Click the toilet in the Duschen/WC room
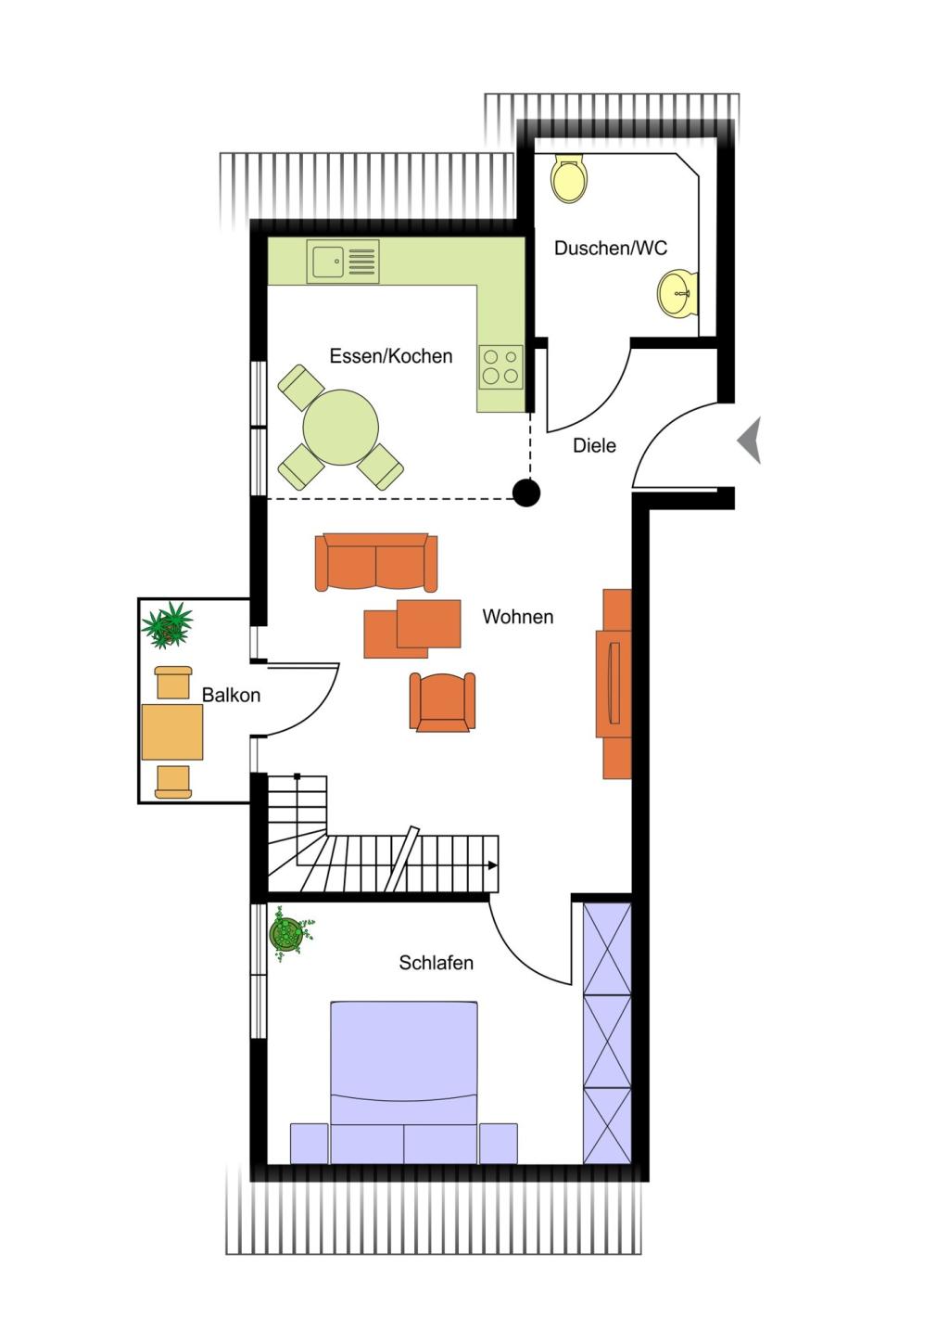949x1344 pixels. (x=569, y=178)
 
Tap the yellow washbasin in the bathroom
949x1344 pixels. (x=678, y=293)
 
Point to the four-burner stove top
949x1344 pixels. (x=501, y=365)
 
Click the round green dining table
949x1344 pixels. (x=340, y=428)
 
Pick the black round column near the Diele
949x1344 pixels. (x=526, y=493)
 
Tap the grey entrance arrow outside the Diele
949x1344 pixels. (x=750, y=440)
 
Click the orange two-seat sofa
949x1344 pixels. (x=375, y=562)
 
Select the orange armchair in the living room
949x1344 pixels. (x=442, y=701)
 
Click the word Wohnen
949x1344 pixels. (x=517, y=617)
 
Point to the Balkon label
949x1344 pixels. (x=231, y=695)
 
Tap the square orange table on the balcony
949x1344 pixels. (x=172, y=732)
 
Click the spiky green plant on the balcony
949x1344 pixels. (x=168, y=623)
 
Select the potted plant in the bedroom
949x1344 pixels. (x=288, y=933)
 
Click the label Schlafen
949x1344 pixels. (x=436, y=963)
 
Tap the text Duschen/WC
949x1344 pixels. (x=610, y=248)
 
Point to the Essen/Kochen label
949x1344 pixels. (x=390, y=356)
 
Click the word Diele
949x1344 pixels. (x=594, y=445)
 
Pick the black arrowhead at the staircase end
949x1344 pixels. (x=493, y=865)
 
